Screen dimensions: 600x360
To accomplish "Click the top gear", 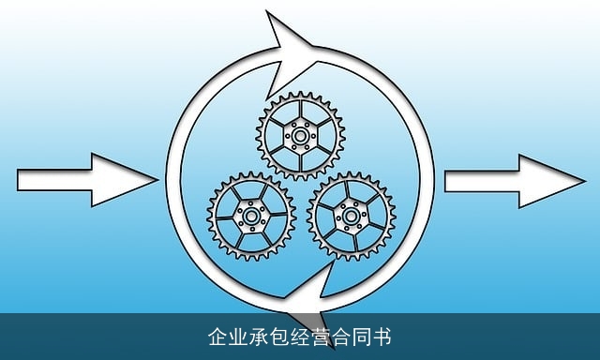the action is (x=300, y=137).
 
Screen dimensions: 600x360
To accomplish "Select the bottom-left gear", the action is (x=250, y=217).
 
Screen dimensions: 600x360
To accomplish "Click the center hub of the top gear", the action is (x=300, y=137).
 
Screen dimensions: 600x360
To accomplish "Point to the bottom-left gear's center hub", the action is (x=250, y=217).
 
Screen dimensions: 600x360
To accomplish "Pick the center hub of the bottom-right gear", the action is (x=351, y=217).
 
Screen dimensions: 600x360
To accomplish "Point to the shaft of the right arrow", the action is (x=478, y=178).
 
